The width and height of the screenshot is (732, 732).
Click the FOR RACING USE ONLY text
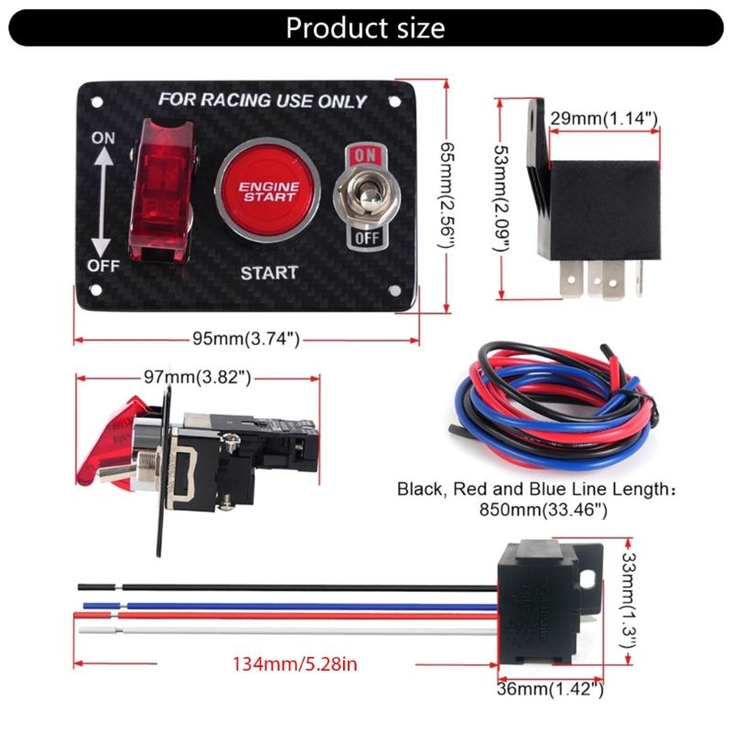point(263,101)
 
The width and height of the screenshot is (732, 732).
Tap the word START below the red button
point(268,273)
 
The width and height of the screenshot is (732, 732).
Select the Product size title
point(365,27)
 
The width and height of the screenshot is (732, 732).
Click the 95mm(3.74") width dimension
point(246,339)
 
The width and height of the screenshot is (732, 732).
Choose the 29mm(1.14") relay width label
point(605,118)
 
